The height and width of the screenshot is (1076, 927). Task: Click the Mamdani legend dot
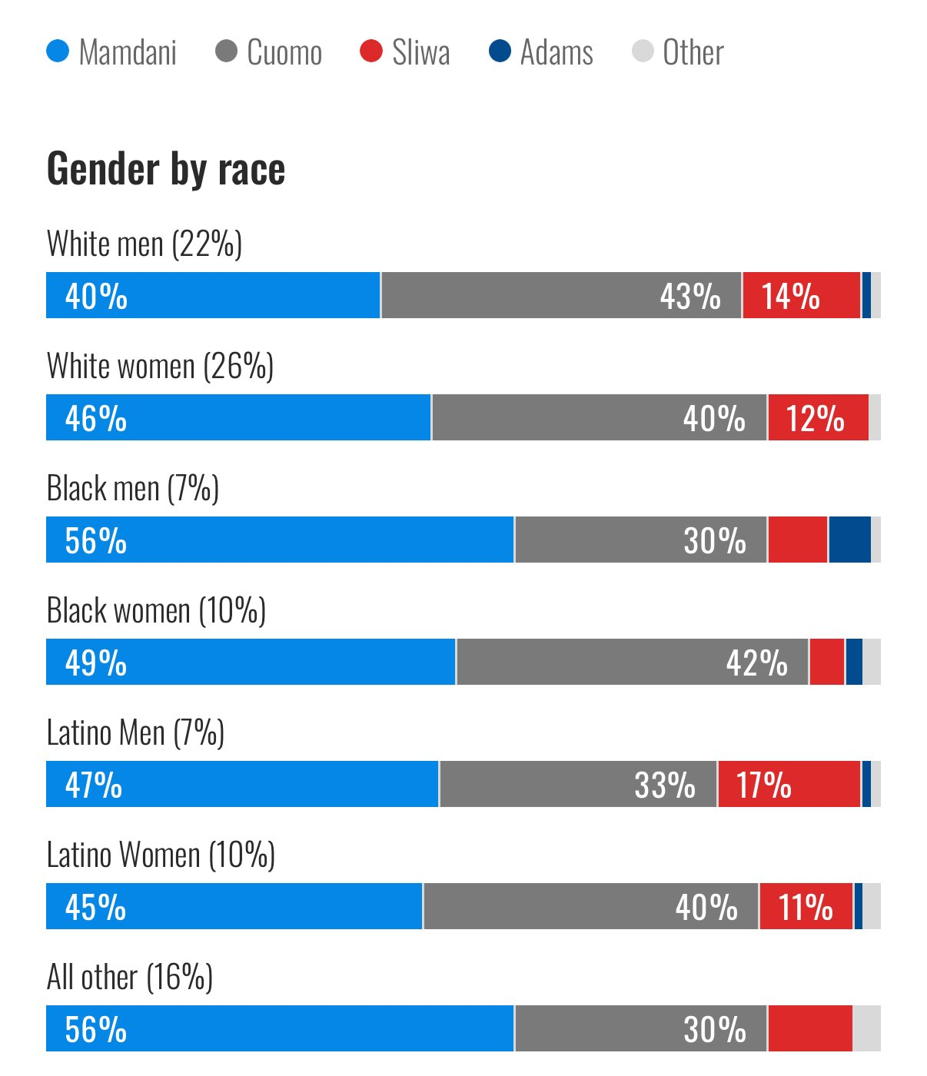(58, 52)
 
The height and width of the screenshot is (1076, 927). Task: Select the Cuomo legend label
(284, 52)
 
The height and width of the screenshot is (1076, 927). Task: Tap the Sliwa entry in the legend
(420, 52)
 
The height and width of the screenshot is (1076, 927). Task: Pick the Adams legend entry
(556, 52)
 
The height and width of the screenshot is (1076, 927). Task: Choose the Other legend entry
(693, 52)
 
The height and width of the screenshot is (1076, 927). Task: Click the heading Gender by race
(166, 168)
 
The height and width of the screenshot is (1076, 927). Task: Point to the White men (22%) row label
(145, 244)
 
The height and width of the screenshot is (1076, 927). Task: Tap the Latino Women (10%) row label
(161, 855)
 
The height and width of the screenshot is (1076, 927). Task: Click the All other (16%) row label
(130, 977)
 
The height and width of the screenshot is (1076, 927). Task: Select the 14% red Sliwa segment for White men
(801, 296)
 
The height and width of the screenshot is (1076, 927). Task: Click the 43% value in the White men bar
(690, 296)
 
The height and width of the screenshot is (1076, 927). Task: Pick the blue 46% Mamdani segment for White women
(238, 418)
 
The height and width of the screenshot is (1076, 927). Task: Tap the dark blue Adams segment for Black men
(849, 540)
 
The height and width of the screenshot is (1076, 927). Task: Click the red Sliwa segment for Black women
(826, 663)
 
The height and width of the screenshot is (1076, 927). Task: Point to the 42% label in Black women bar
(756, 663)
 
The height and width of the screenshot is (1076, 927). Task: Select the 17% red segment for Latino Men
(789, 785)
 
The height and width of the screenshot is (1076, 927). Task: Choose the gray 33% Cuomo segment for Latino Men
(577, 785)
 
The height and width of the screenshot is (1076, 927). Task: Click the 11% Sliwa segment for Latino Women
(806, 907)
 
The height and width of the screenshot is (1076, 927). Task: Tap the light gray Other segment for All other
(866, 1029)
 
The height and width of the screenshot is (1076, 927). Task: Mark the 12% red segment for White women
(818, 418)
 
